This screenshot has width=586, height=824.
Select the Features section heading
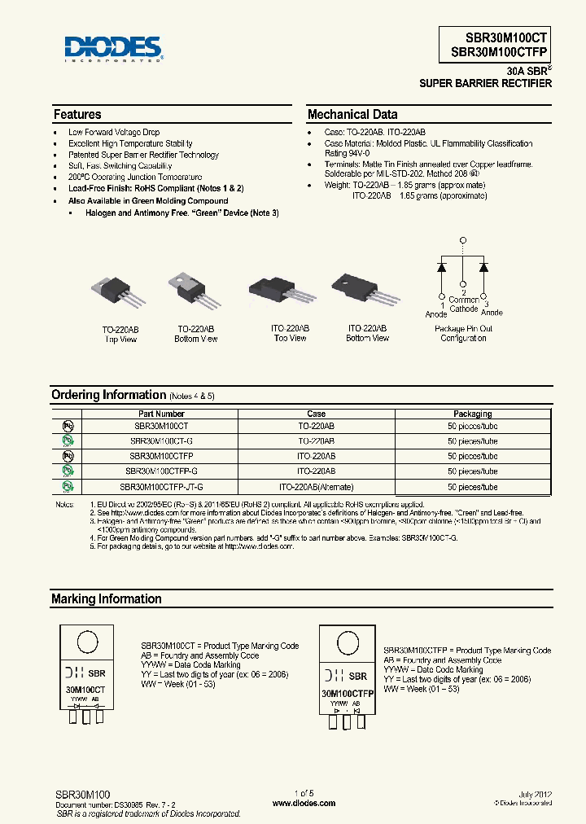click(77, 115)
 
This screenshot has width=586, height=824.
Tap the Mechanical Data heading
click(352, 115)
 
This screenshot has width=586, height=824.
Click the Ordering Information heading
click(108, 395)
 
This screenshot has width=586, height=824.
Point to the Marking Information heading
click(107, 599)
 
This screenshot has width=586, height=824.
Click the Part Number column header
click(160, 414)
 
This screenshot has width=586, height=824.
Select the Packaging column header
click(472, 414)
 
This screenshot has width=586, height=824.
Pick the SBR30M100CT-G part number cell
click(160, 440)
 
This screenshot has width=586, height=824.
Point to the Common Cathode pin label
click(464, 305)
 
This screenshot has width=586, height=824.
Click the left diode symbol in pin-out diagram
click(442, 266)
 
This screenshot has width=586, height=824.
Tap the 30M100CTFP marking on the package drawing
click(348, 693)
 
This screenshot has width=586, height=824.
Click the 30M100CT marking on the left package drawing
click(85, 689)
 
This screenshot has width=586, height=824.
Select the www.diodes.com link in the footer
click(304, 803)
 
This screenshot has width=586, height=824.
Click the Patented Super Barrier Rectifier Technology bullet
click(143, 155)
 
